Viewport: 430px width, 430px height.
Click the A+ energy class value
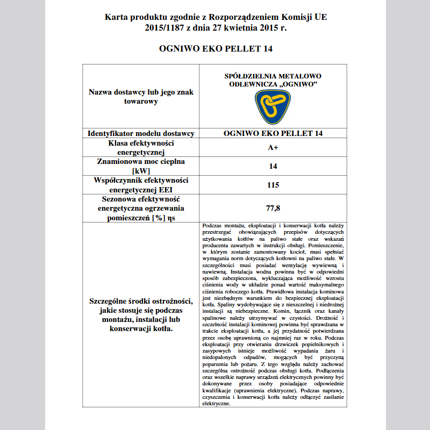(273, 147)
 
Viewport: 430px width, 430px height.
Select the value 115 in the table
(273, 185)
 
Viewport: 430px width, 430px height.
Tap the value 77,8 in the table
(273, 207)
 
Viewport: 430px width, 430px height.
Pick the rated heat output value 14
(273, 166)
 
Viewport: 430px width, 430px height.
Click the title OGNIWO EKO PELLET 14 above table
(216, 49)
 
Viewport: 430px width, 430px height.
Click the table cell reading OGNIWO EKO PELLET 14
(273, 133)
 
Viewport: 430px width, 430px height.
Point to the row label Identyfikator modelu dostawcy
(141, 133)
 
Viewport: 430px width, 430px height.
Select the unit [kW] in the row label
(140, 171)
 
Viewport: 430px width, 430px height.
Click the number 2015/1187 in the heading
(163, 28)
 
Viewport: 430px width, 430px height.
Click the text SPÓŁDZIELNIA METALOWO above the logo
(273, 76)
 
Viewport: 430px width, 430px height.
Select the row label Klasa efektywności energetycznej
(140, 148)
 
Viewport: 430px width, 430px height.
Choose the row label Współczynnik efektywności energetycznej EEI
(140, 185)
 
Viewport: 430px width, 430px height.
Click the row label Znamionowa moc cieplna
(140, 161)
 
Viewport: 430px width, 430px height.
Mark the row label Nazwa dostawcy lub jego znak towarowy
(140, 97)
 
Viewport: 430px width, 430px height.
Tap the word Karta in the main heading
(116, 17)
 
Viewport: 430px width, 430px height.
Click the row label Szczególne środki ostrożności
(140, 300)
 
